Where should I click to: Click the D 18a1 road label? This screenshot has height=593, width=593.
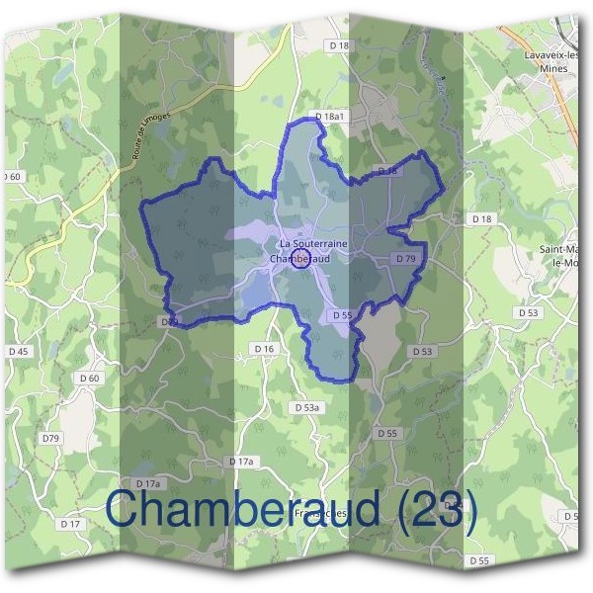coord(330,117)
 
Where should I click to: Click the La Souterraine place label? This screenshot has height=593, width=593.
coord(313,243)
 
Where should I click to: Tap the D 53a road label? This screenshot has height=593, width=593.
coord(308,407)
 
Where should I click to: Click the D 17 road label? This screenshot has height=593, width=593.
coord(69,523)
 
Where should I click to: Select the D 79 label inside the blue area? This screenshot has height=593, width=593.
coord(405,258)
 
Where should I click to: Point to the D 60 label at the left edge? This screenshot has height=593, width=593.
coord(11,176)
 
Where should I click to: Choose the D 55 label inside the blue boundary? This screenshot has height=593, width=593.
coord(342,314)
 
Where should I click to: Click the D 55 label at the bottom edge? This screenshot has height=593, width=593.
coord(479,560)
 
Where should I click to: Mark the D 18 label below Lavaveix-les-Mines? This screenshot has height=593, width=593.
coord(481,218)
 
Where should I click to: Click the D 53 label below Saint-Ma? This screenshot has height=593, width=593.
coord(530,312)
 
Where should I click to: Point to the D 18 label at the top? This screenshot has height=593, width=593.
coord(339,45)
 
